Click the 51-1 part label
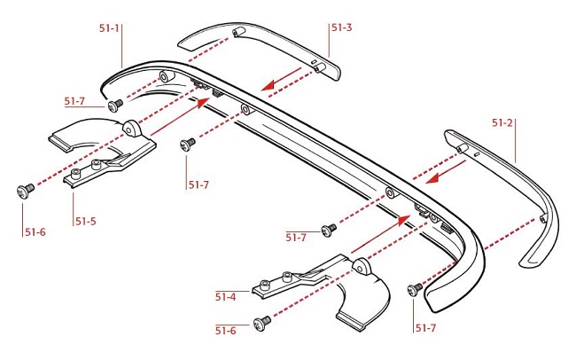(109, 28)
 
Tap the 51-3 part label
(342, 28)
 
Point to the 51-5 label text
(85, 220)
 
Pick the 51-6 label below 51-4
(226, 330)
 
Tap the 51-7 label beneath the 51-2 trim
(426, 329)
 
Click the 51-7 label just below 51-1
(75, 101)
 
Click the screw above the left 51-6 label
(25, 188)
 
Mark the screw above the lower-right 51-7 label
(414, 288)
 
